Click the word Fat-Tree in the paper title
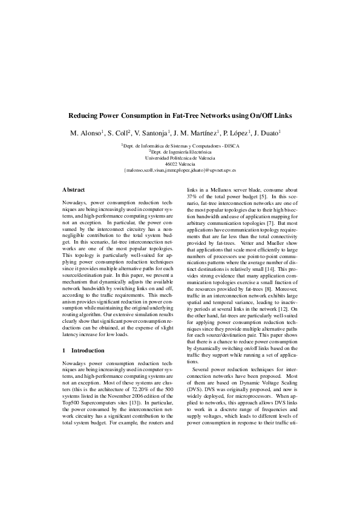point(186,115)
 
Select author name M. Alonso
point(85,132)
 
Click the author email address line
point(180,170)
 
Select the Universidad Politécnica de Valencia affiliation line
point(180,157)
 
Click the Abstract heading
point(74,190)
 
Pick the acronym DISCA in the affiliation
point(231,146)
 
